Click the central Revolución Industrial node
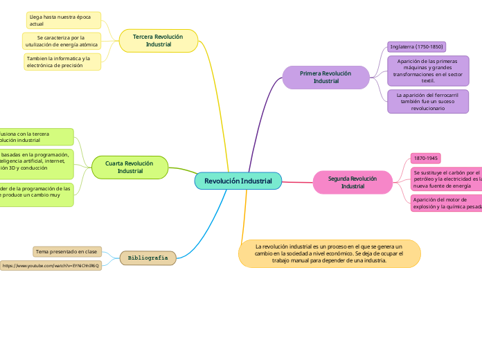(x=238, y=181)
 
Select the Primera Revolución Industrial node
(x=325, y=77)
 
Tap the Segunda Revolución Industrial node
(x=352, y=182)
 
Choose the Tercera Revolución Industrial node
(x=158, y=40)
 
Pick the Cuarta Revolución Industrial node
(x=130, y=167)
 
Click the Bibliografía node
(x=148, y=258)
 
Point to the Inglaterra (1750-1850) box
(x=416, y=46)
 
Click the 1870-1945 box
(x=425, y=158)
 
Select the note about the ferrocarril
(x=428, y=101)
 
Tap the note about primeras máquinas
(x=428, y=70)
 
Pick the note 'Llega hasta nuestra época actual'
(x=63, y=20)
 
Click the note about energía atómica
(x=62, y=41)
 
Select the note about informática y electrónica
(x=62, y=62)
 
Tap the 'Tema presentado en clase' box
(x=66, y=251)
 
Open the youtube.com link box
(x=51, y=265)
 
